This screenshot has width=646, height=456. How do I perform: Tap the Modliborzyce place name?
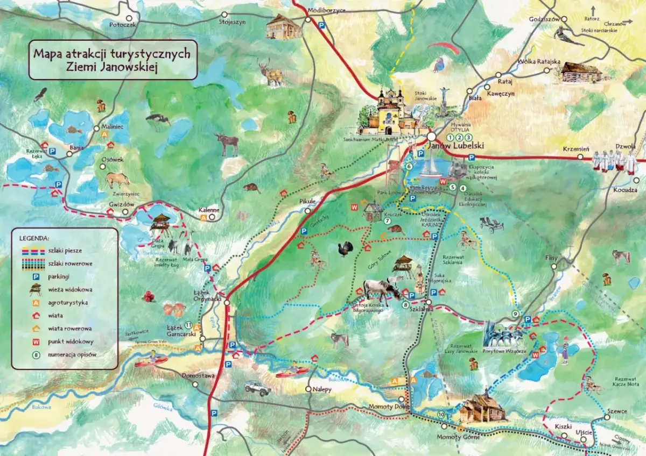pyautogui.click(x=326, y=10)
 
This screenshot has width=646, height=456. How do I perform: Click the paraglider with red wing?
pyautogui.click(x=450, y=49)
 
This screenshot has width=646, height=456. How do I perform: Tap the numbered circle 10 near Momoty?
pyautogui.click(x=441, y=414)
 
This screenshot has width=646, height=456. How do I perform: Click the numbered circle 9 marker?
pyautogui.click(x=515, y=314)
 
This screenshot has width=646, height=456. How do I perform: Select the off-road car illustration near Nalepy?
pyautogui.click(x=257, y=388)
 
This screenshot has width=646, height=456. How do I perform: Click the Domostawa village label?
pyautogui.click(x=198, y=375)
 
